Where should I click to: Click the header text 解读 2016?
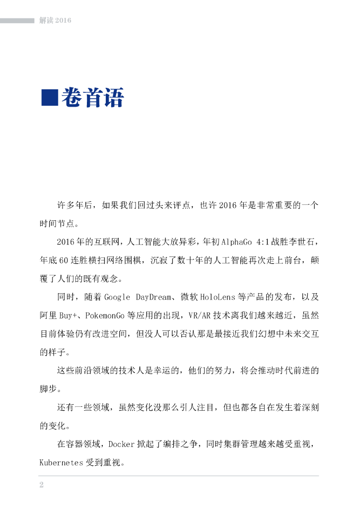point(56,20)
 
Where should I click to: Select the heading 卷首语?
point(92,98)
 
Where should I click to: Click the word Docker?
point(122,444)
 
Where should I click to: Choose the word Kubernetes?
point(62,463)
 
